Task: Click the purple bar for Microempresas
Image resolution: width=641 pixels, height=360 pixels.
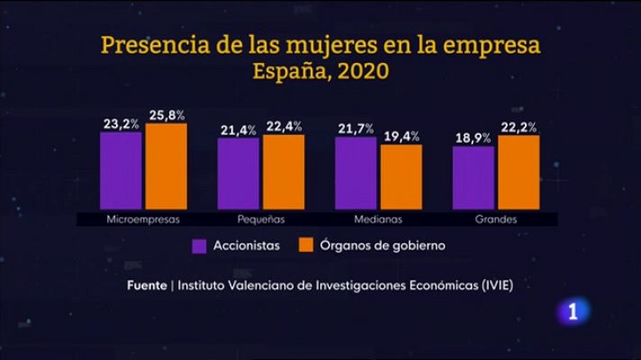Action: [121, 171]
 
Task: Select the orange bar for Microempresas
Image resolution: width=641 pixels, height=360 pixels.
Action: [166, 166]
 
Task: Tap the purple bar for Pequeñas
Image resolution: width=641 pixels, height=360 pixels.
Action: [238, 175]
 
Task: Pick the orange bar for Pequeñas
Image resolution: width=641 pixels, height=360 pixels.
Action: [284, 173]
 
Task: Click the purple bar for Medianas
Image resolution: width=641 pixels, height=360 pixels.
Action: [356, 174]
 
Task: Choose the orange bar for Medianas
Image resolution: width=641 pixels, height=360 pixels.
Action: [401, 177]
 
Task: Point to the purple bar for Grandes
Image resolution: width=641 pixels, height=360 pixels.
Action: [473, 178]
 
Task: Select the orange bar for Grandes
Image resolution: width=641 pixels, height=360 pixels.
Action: [519, 173]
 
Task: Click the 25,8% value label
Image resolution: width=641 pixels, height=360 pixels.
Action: [167, 115]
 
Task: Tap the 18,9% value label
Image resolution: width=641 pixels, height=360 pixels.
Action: [473, 137]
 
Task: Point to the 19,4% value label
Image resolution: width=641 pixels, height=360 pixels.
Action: [401, 136]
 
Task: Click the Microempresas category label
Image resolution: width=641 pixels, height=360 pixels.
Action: [143, 220]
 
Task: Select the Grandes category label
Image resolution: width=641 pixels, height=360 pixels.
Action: [495, 220]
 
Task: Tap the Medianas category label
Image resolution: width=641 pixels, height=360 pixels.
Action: [378, 220]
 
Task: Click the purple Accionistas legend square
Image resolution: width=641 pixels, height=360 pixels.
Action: [200, 245]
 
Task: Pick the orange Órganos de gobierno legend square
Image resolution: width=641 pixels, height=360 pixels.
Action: [305, 245]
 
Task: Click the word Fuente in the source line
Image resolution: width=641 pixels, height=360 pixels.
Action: [146, 285]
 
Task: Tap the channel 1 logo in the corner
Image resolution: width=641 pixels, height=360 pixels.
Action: [573, 311]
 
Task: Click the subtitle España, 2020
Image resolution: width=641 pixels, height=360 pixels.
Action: [320, 71]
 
